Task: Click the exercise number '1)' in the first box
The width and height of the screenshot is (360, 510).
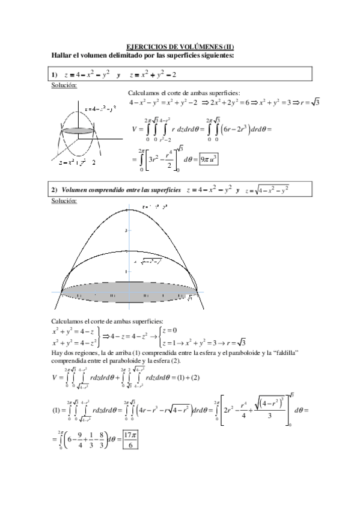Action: click(x=55, y=74)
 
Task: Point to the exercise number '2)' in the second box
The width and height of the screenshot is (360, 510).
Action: click(x=55, y=190)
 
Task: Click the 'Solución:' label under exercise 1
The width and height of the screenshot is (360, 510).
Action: click(x=64, y=85)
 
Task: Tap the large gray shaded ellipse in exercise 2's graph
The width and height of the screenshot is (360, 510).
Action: click(x=128, y=292)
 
